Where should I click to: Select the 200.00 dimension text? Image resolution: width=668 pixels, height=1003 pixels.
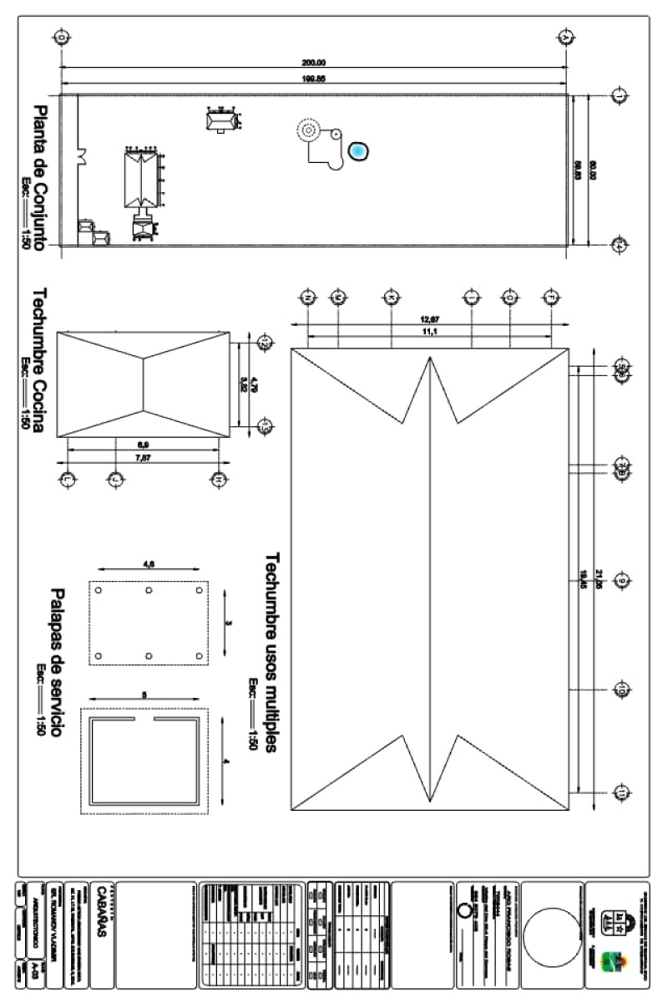[x=313, y=62]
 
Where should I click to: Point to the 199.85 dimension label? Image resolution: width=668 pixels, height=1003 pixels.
[x=313, y=78]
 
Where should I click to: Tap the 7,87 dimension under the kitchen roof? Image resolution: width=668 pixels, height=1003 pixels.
[x=142, y=457]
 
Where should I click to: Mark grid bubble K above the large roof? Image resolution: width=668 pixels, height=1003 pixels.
[x=391, y=297]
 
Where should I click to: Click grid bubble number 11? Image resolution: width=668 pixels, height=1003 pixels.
[x=622, y=792]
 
